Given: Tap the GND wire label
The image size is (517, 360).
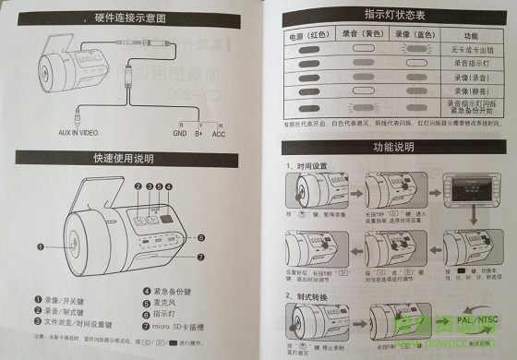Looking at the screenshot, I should pos(179,132).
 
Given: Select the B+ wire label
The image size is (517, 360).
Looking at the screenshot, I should pos(198,132).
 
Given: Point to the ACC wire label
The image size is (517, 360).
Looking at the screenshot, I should pos(219,132).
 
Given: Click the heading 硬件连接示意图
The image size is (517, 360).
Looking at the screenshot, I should pos(136,18).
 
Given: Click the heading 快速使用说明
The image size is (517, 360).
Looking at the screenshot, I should pos(128,158).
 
